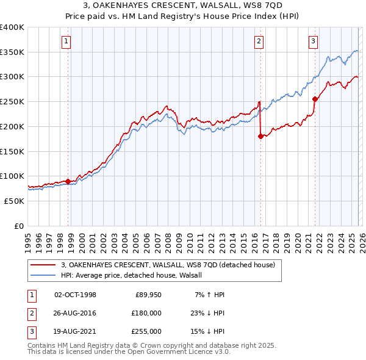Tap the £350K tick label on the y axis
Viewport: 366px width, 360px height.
click(12, 52)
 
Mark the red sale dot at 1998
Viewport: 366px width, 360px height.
click(68, 181)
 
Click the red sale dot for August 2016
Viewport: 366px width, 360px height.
click(260, 136)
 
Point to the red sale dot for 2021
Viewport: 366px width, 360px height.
click(315, 99)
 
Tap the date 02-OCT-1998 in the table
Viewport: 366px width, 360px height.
click(75, 295)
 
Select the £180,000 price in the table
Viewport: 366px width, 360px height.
click(147, 313)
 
